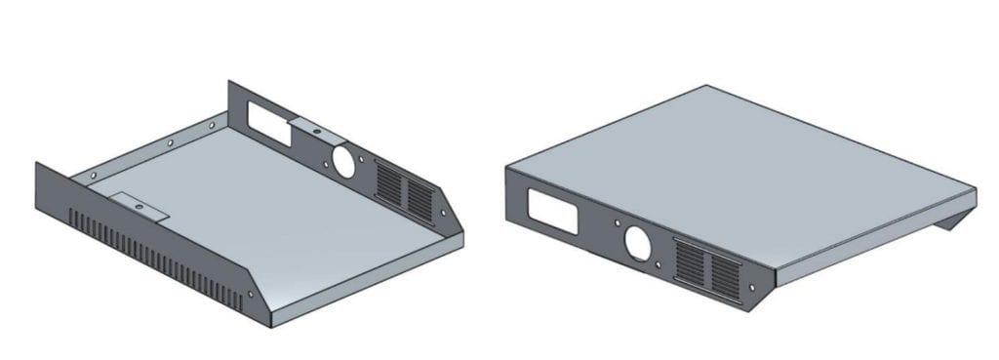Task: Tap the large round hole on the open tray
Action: click(342, 160)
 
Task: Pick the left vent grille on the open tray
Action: click(387, 184)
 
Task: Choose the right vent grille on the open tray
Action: click(420, 198)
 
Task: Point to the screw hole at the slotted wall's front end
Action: click(251, 294)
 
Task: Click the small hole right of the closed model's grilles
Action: click(753, 287)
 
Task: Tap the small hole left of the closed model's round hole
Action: click(616, 225)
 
